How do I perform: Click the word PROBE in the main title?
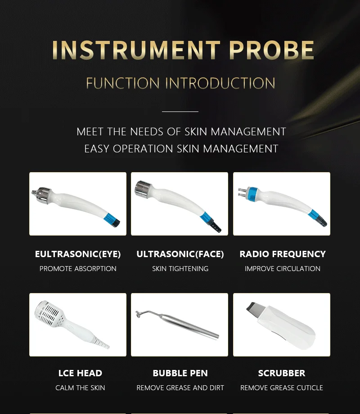[271, 50]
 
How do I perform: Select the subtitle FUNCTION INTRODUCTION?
[180, 83]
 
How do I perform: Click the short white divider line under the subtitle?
[180, 111]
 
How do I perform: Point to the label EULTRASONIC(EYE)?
[78, 254]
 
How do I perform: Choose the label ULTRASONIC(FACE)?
[180, 254]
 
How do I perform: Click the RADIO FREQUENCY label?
[283, 254]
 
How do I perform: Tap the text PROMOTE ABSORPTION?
[78, 269]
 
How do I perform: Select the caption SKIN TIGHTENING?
[180, 269]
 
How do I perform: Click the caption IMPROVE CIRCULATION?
[283, 269]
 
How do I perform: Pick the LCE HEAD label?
[80, 373]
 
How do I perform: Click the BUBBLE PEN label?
[180, 373]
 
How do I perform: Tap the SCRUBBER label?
[282, 373]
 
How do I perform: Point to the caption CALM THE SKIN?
[80, 388]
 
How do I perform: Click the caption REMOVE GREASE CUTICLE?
[282, 388]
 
